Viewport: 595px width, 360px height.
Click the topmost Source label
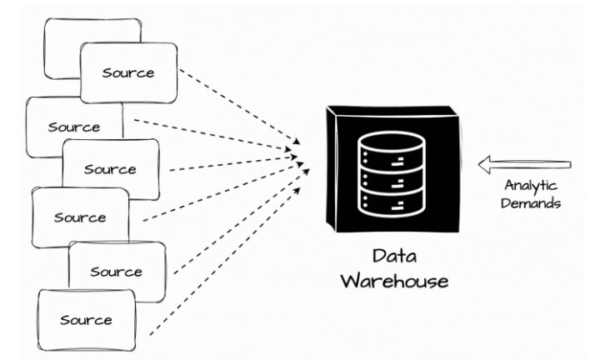click(x=129, y=72)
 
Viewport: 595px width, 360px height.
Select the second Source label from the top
click(x=73, y=127)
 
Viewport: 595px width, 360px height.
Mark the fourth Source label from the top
click(x=80, y=217)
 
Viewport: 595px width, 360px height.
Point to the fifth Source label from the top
click(x=116, y=272)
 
